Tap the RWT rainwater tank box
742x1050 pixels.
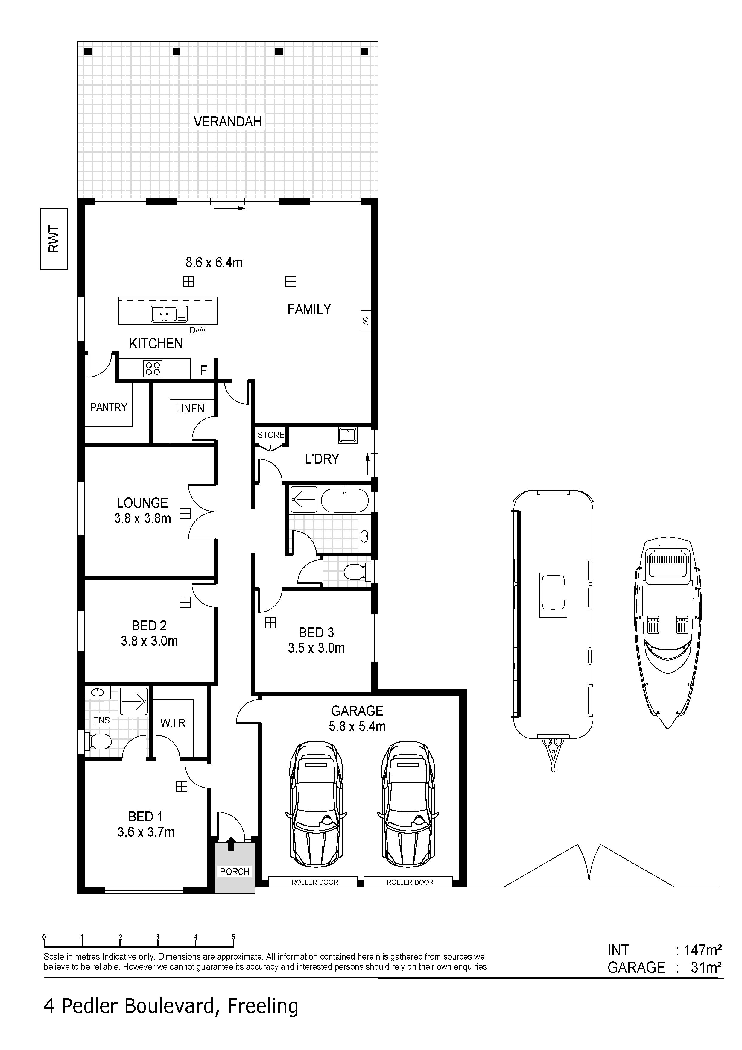click(54, 239)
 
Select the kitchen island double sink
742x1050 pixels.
click(169, 314)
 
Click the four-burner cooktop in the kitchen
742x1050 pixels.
click(153, 368)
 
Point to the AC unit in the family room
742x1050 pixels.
click(365, 321)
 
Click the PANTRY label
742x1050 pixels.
click(109, 407)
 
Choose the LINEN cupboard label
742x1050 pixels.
click(190, 408)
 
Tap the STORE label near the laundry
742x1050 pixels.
click(271, 435)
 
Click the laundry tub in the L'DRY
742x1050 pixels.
click(348, 435)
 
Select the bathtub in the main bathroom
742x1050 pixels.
click(345, 500)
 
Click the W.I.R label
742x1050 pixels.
click(173, 723)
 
